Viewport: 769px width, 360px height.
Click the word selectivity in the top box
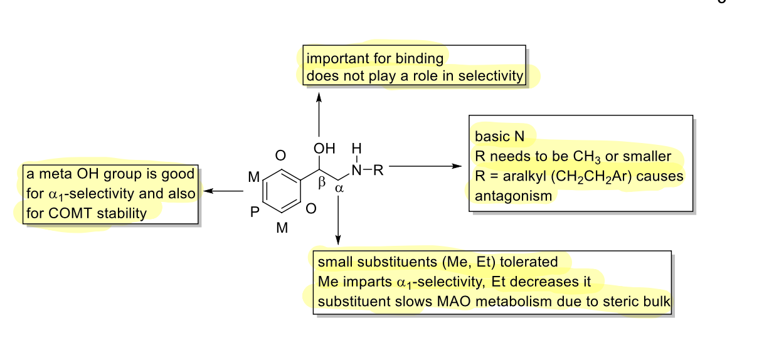click(x=491, y=77)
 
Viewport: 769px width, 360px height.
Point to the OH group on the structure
click(x=324, y=149)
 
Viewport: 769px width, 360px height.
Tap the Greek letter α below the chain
click(x=339, y=188)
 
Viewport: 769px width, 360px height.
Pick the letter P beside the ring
click(x=255, y=213)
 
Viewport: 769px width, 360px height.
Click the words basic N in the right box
click(x=496, y=137)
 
